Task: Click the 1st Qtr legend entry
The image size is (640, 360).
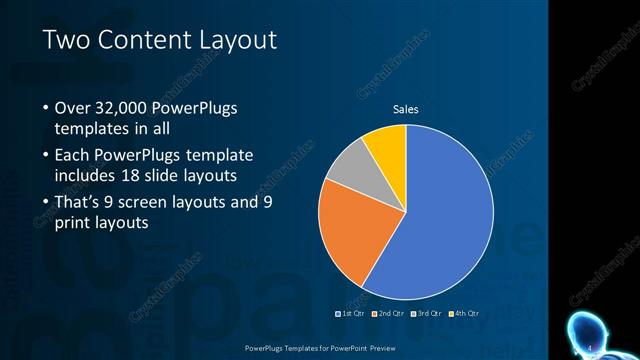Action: coord(349,313)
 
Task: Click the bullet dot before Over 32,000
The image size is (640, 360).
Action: coord(46,108)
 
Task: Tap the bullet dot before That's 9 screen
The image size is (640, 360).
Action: coord(46,202)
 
